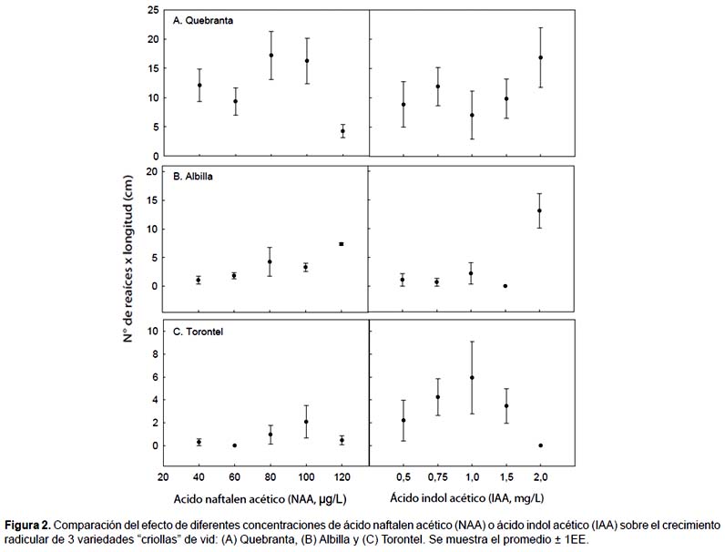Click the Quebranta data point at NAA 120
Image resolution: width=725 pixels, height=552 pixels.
click(342, 131)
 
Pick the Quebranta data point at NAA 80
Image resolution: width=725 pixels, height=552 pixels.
click(271, 56)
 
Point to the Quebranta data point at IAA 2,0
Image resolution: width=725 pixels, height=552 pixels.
click(540, 57)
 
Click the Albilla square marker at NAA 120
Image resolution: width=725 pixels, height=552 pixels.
click(342, 244)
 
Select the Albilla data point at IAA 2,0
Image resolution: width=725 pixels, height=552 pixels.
click(539, 210)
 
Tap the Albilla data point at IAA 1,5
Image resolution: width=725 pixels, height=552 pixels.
click(505, 286)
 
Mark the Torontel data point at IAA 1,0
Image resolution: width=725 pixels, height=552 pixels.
click(471, 377)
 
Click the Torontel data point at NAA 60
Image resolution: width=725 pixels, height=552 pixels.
click(235, 445)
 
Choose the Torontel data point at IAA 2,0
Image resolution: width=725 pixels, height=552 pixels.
click(540, 445)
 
